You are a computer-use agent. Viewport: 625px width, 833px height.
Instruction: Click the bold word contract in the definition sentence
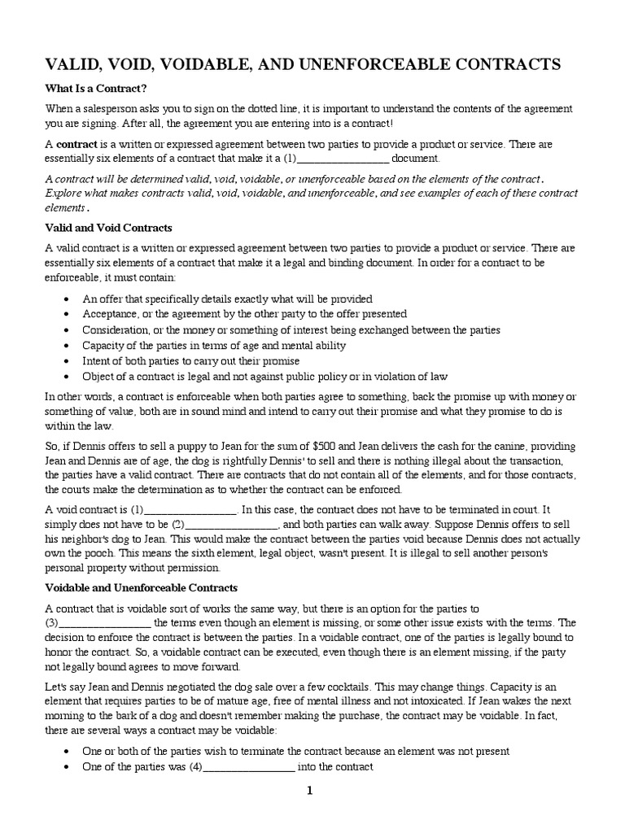tap(76, 144)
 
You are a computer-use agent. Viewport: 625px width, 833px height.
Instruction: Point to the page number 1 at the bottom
tap(310, 791)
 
